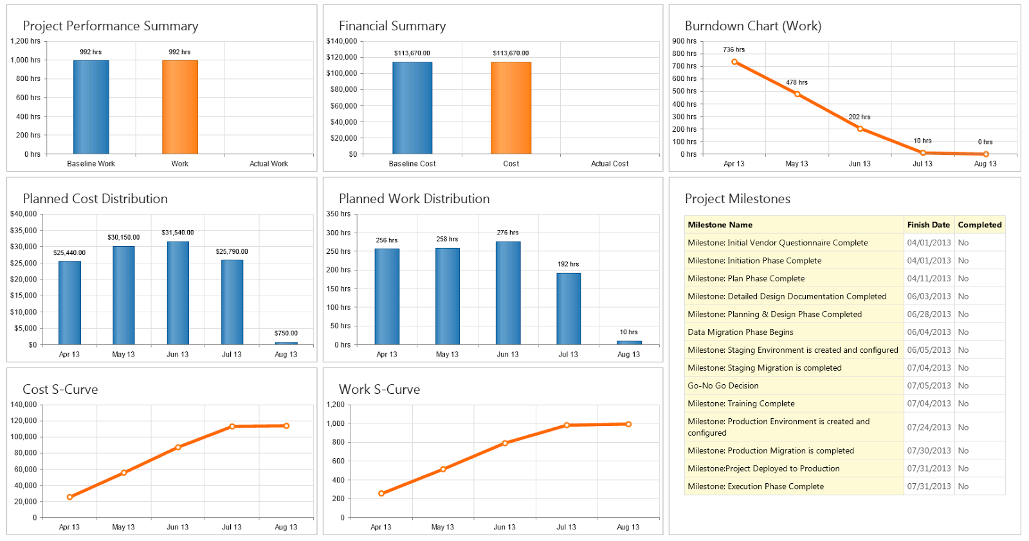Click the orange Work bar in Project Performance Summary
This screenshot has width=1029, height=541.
179,107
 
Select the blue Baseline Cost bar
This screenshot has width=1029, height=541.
412,108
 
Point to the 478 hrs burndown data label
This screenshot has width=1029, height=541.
796,82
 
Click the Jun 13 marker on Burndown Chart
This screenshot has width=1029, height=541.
860,129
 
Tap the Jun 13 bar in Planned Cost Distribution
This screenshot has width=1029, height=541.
178,293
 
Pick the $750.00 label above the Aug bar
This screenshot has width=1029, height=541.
286,333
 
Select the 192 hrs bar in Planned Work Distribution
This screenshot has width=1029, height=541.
568,308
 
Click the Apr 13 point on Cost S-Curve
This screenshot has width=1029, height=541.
69,497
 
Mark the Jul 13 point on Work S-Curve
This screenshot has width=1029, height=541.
567,425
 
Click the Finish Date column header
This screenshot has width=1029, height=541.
928,225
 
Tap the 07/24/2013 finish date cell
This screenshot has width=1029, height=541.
929,427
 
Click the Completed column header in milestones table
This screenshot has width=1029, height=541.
979,225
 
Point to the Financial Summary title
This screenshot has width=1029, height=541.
392,26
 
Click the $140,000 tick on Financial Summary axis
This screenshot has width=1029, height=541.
341,41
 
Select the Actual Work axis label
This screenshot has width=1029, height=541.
269,164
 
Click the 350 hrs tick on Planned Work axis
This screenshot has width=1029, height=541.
338,214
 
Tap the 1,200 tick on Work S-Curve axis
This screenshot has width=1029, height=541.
336,405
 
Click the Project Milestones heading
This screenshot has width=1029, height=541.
737,199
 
